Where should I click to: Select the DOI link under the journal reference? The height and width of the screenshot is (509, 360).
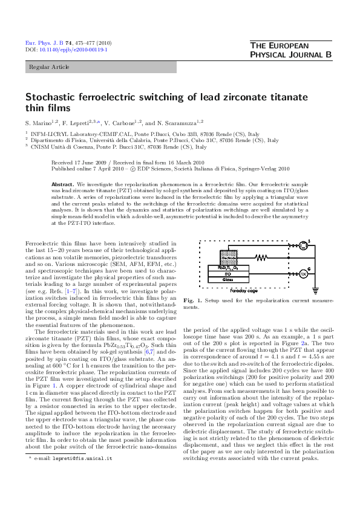[x=66, y=50]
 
